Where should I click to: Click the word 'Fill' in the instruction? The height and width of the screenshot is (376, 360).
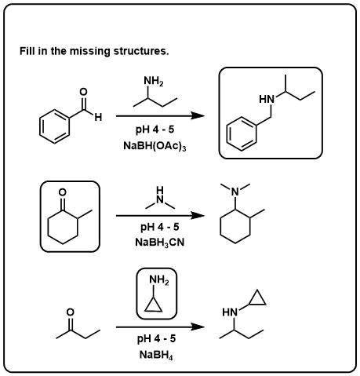tap(27, 51)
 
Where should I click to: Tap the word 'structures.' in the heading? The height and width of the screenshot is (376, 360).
tap(141, 51)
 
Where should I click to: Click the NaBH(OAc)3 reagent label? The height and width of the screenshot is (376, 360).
tap(155, 146)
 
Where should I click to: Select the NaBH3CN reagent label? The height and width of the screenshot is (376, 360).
tap(160, 243)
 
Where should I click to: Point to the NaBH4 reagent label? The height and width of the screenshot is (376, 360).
tap(156, 356)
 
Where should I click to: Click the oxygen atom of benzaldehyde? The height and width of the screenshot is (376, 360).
tap(83, 92)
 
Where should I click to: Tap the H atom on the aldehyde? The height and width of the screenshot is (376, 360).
tap(98, 117)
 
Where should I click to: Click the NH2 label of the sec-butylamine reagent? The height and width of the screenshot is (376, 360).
tap(154, 81)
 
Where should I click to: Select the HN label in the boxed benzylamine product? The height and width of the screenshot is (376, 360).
tap(267, 100)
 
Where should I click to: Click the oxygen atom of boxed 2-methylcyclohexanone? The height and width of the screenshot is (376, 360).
tap(62, 192)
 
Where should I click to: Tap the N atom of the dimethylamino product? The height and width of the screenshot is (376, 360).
tap(235, 192)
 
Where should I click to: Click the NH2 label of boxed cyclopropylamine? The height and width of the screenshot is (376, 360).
tap(159, 280)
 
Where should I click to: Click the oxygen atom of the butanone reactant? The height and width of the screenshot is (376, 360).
tap(71, 312)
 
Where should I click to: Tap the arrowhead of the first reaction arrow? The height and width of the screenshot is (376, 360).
tap(198, 115)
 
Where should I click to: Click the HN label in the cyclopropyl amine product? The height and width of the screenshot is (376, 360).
tap(230, 312)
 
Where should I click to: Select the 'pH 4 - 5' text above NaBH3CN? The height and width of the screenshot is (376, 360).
tap(160, 227)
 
